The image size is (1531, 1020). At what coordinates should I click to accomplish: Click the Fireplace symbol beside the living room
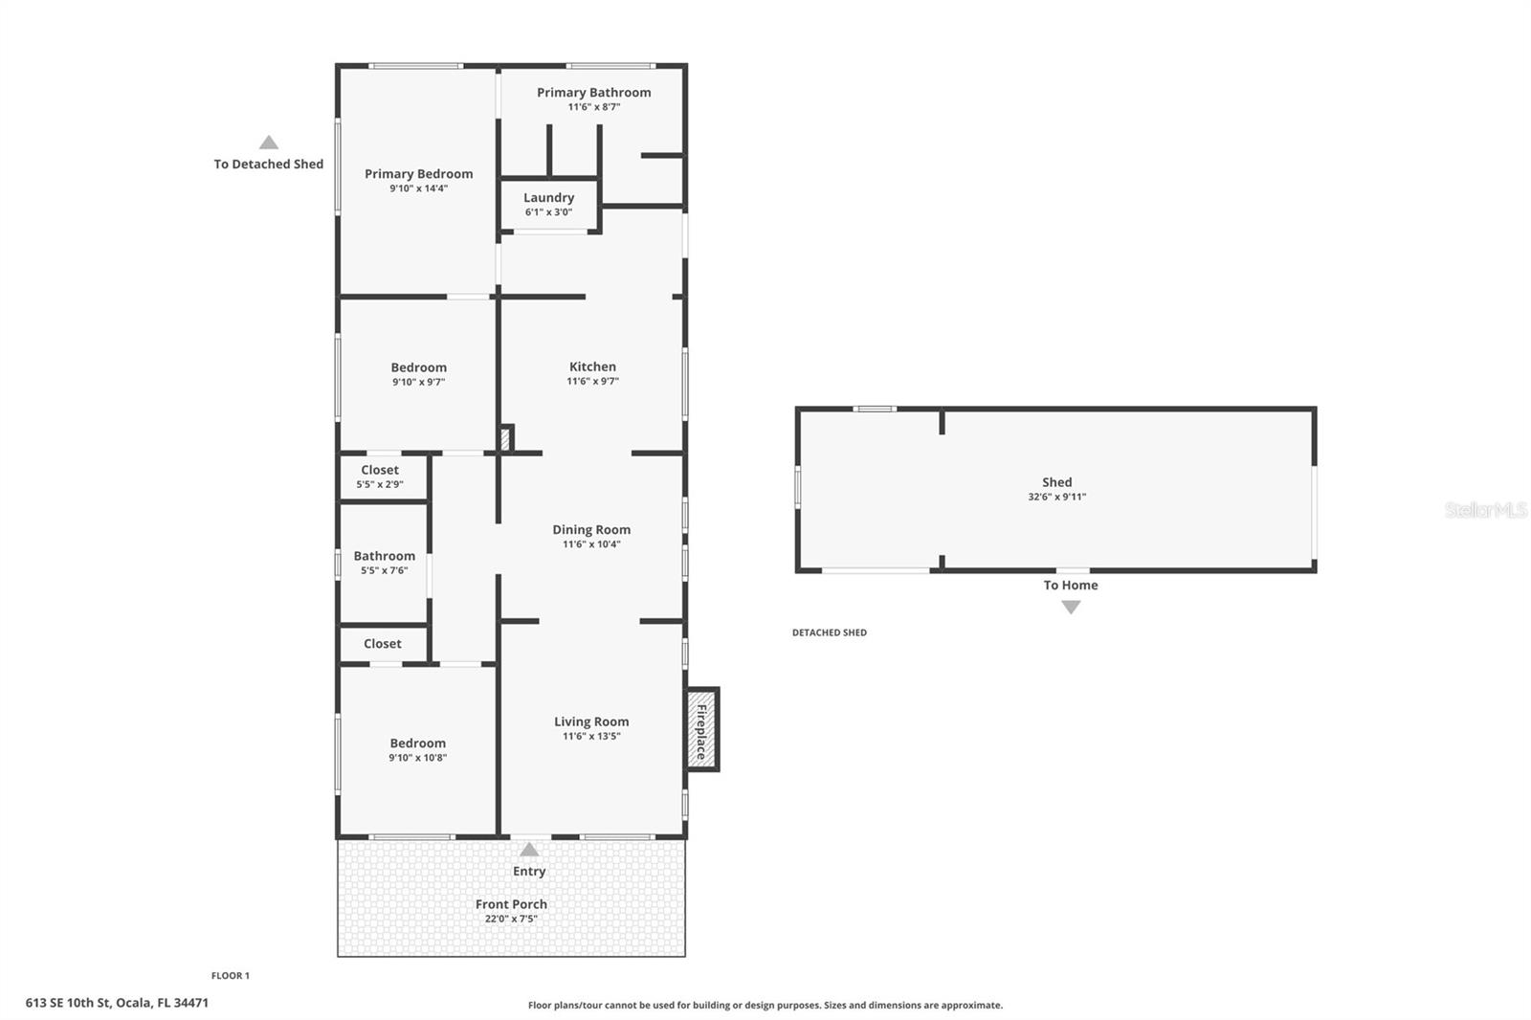point(701,730)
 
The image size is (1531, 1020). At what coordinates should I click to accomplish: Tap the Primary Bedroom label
point(418,174)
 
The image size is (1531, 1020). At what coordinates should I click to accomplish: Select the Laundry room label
point(548,198)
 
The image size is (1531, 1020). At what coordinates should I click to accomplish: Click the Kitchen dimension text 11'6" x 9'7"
point(592,381)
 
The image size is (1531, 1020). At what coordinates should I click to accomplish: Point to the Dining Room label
point(591,529)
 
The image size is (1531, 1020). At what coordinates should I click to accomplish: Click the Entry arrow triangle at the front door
point(529,850)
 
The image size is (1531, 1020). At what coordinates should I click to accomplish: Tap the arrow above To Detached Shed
point(269,143)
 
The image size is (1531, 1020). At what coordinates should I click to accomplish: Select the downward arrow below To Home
point(1071,607)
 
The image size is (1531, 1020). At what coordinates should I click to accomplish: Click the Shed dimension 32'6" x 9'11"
point(1056,497)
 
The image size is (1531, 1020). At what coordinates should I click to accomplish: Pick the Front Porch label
point(511,904)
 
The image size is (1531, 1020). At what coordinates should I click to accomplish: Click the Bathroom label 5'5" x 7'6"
point(384,556)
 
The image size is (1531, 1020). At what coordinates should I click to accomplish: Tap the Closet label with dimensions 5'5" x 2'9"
point(380,470)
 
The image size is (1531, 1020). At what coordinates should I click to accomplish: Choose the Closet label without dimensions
point(382,644)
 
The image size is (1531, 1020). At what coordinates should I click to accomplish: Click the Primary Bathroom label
point(593,93)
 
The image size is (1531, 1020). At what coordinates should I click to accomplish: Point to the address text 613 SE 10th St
point(117,1003)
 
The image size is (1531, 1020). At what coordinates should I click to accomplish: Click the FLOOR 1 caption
point(230,976)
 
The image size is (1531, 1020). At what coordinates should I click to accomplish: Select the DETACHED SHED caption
point(829,632)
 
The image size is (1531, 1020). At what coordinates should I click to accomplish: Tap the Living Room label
point(591,722)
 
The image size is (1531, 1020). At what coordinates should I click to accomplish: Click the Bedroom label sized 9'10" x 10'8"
point(417,743)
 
